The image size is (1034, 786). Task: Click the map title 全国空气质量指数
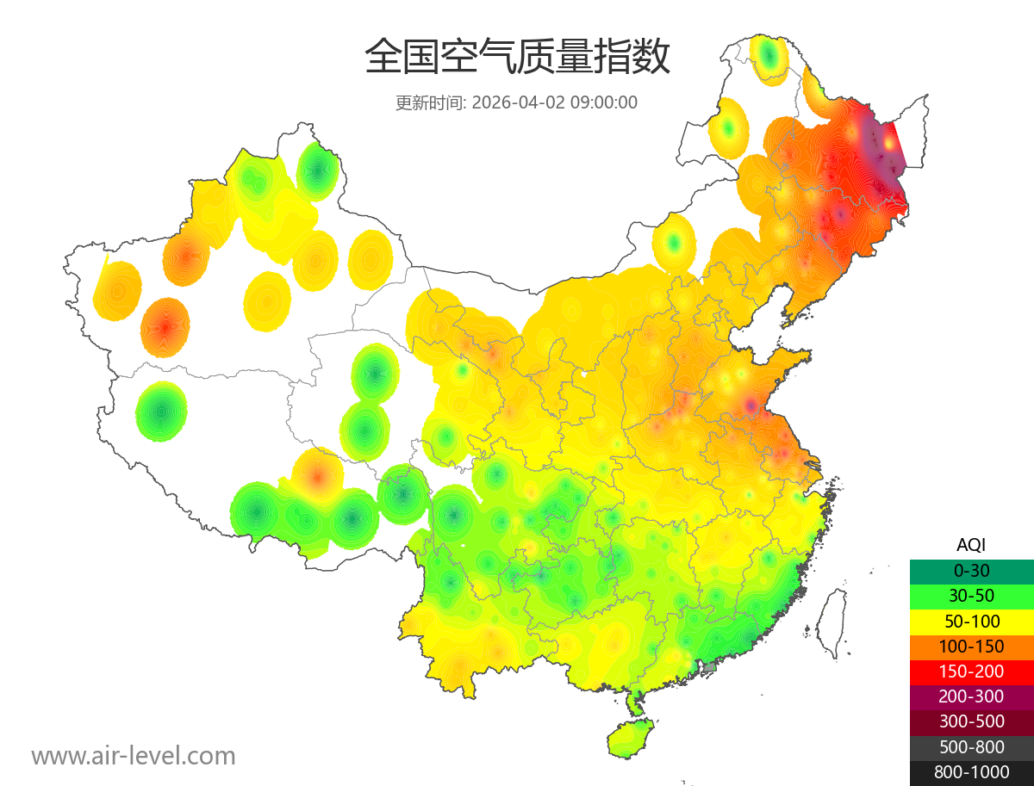coord(517,58)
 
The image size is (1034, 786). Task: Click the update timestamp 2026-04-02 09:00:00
coord(555,102)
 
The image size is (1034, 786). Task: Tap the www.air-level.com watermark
coord(134,756)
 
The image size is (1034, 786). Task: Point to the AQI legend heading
coord(971,545)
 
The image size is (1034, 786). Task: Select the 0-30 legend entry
coord(971,571)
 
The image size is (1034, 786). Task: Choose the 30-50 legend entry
coord(971,596)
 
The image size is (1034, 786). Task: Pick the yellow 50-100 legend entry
coord(971,621)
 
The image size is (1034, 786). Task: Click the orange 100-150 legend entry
coord(971,647)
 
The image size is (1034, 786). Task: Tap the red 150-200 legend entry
coord(971,672)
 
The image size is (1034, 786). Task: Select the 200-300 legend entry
coord(971,696)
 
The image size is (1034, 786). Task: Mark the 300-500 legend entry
coord(971,721)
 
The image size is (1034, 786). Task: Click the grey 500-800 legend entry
coord(971,747)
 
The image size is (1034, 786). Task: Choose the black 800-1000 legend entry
coord(971,772)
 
